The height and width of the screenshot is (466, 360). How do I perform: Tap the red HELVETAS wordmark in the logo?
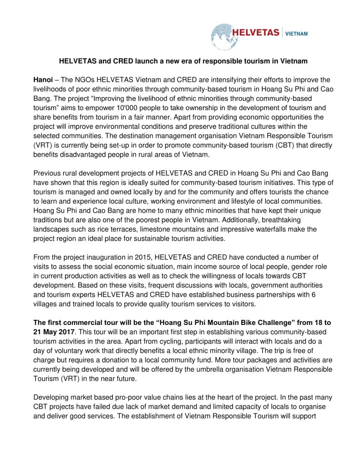256,33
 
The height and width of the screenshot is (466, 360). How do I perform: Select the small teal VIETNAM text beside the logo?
296,33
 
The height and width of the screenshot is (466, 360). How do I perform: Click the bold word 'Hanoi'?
43,80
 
